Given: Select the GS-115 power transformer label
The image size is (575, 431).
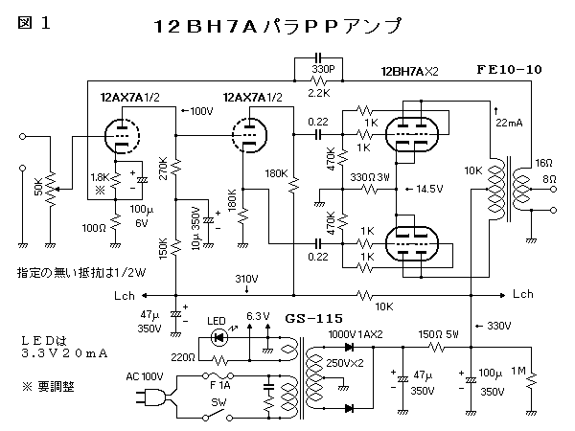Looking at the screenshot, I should coord(311,317).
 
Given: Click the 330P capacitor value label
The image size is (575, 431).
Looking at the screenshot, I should coord(323,69).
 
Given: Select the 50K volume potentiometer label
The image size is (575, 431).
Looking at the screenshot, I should coord(38,188).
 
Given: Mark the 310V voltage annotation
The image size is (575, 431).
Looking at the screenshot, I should coord(247,279).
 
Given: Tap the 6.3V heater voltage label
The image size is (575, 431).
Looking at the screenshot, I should coord(260,315).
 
